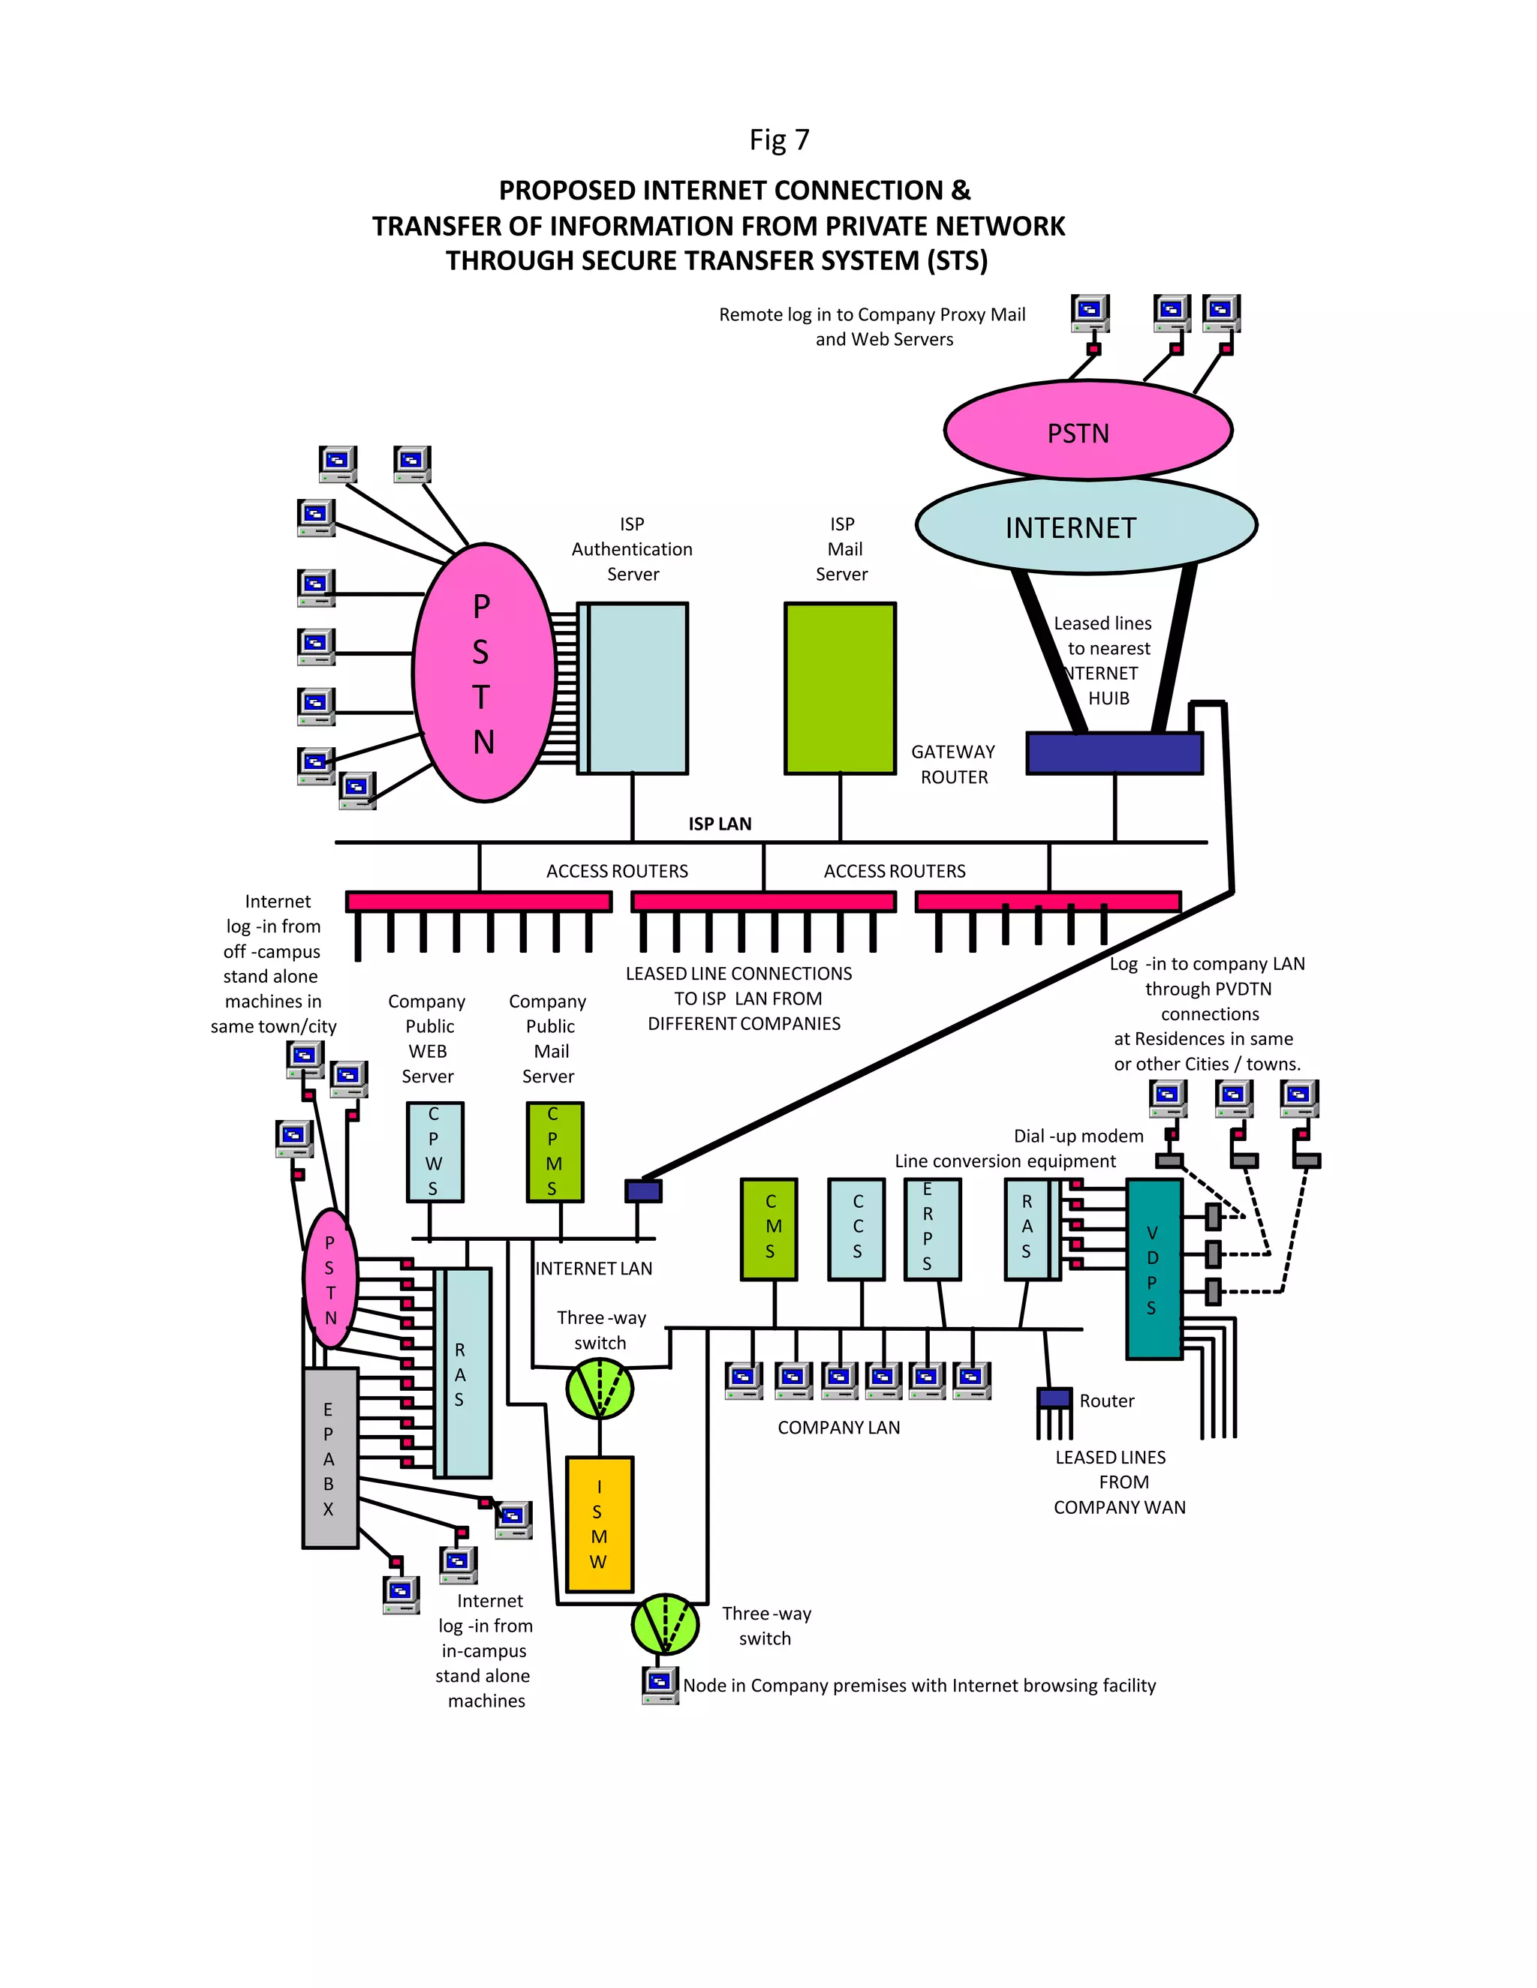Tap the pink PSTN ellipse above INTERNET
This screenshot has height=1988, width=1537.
[1087, 431]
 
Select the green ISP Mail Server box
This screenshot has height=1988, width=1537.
[840, 688]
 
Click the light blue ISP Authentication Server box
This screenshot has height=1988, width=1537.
[635, 688]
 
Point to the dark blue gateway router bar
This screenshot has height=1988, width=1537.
[1114, 754]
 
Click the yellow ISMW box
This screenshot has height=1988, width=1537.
[599, 1524]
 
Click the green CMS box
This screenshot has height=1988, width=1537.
[768, 1229]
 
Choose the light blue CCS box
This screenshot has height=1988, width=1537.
[856, 1229]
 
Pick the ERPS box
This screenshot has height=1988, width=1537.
[931, 1229]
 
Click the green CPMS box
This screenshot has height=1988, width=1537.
[555, 1152]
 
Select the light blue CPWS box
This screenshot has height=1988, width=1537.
[435, 1152]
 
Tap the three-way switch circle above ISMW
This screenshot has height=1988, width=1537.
[599, 1388]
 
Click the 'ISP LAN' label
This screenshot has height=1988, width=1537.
[719, 824]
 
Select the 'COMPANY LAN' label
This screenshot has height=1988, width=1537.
[838, 1428]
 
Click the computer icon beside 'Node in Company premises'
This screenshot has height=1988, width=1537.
[660, 1684]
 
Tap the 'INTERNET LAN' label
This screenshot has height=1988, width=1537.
[594, 1268]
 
